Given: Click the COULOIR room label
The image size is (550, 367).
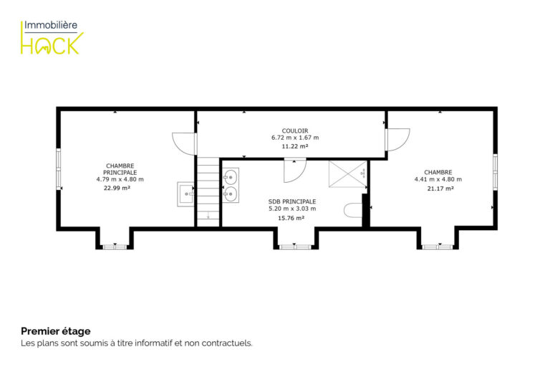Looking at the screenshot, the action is click(295, 130).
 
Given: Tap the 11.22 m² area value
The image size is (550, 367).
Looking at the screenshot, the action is click(295, 146).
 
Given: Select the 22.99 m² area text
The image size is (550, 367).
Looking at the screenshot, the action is click(117, 188).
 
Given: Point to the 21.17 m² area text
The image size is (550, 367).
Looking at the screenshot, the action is click(440, 189).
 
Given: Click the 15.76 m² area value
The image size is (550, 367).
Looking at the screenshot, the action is click(291, 218).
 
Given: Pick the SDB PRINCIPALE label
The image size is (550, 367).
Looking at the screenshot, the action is click(292, 201).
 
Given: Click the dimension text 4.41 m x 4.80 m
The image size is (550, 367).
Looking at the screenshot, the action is click(438, 179).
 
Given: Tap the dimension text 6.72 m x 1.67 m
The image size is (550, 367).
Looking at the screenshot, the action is click(295, 138).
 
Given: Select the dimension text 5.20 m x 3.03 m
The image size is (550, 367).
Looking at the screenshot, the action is click(292, 209).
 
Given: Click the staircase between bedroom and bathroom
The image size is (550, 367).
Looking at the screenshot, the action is click(208, 192).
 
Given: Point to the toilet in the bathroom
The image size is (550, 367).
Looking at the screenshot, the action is click(353, 210).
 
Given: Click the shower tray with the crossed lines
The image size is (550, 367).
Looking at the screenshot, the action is click(348, 174).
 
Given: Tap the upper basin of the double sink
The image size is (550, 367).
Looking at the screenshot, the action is click(231, 177).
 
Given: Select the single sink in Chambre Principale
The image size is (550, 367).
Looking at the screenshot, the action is click(185, 194).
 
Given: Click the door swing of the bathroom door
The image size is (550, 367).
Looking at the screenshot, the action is click(295, 171).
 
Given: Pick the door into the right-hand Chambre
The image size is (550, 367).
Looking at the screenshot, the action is click(397, 140).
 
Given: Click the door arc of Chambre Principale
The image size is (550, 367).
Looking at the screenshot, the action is click(184, 143).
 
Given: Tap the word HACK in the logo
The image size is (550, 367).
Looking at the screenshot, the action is click(52, 44).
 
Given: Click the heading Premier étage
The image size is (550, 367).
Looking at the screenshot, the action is click(56, 331).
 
